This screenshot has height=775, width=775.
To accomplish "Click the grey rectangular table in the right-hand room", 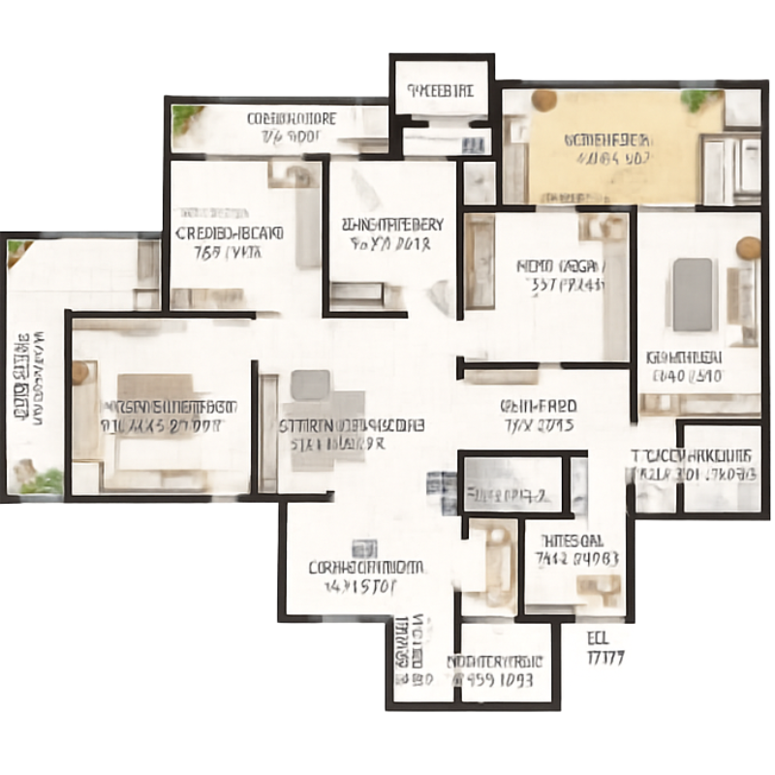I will [693, 293].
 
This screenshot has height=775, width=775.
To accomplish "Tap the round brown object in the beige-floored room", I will [543, 100].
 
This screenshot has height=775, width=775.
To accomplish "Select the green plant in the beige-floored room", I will [699, 97].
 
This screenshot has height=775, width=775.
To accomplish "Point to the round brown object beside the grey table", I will [748, 248].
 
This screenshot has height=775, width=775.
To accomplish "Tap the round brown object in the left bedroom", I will [80, 372].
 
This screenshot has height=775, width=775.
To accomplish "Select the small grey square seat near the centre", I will [309, 385].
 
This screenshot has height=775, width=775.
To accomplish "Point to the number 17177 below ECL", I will [605, 658].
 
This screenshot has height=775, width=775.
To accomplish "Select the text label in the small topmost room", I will [441, 91].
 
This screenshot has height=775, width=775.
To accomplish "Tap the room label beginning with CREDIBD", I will [230, 242].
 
